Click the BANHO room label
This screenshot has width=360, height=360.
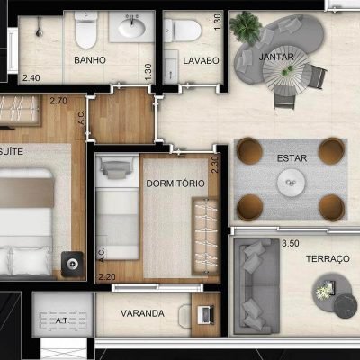coord(90,60)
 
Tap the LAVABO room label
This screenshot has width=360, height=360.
coord(201,60)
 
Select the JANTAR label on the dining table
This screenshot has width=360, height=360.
coord(276,57)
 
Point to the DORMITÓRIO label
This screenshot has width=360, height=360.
coord(175,184)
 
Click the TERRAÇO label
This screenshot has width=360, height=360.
coord(328,258)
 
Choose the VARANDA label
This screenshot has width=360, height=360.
coord(142,313)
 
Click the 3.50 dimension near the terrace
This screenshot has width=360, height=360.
coord(291,243)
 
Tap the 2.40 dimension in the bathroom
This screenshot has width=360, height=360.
coord(31,78)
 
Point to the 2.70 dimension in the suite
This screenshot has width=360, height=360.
coord(58,101)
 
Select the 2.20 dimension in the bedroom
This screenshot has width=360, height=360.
coord(107,276)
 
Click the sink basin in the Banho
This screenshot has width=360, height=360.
coord(131,27)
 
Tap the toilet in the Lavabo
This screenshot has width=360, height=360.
coord(183,31)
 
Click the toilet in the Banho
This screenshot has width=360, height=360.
coord(86,30)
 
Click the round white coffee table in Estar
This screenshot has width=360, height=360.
coord(291,183)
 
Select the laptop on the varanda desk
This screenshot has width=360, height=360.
coord(206,315)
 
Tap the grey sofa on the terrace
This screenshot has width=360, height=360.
coord(256,286)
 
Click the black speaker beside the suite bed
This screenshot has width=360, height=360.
coord(72,264)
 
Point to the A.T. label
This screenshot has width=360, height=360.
coord(62,320)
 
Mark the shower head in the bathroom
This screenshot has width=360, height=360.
coord(39,29)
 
